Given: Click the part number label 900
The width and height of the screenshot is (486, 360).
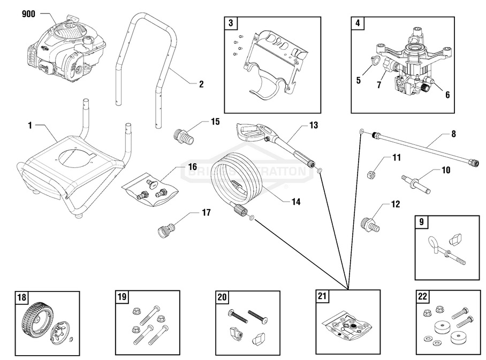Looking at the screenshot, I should click(28, 14).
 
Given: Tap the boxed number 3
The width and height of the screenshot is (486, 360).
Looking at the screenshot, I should click(230, 23).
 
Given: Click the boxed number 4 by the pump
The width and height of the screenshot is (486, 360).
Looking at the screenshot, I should click(358, 23).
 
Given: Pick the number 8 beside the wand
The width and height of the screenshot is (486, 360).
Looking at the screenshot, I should click(453, 134).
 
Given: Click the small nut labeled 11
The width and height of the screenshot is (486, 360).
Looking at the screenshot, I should click(370, 173).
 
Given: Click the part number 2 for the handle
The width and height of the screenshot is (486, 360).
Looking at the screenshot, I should click(201, 83).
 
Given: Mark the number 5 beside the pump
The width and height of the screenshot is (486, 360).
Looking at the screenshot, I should click(358, 81).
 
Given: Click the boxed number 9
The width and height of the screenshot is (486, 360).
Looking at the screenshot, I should click(422, 221).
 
